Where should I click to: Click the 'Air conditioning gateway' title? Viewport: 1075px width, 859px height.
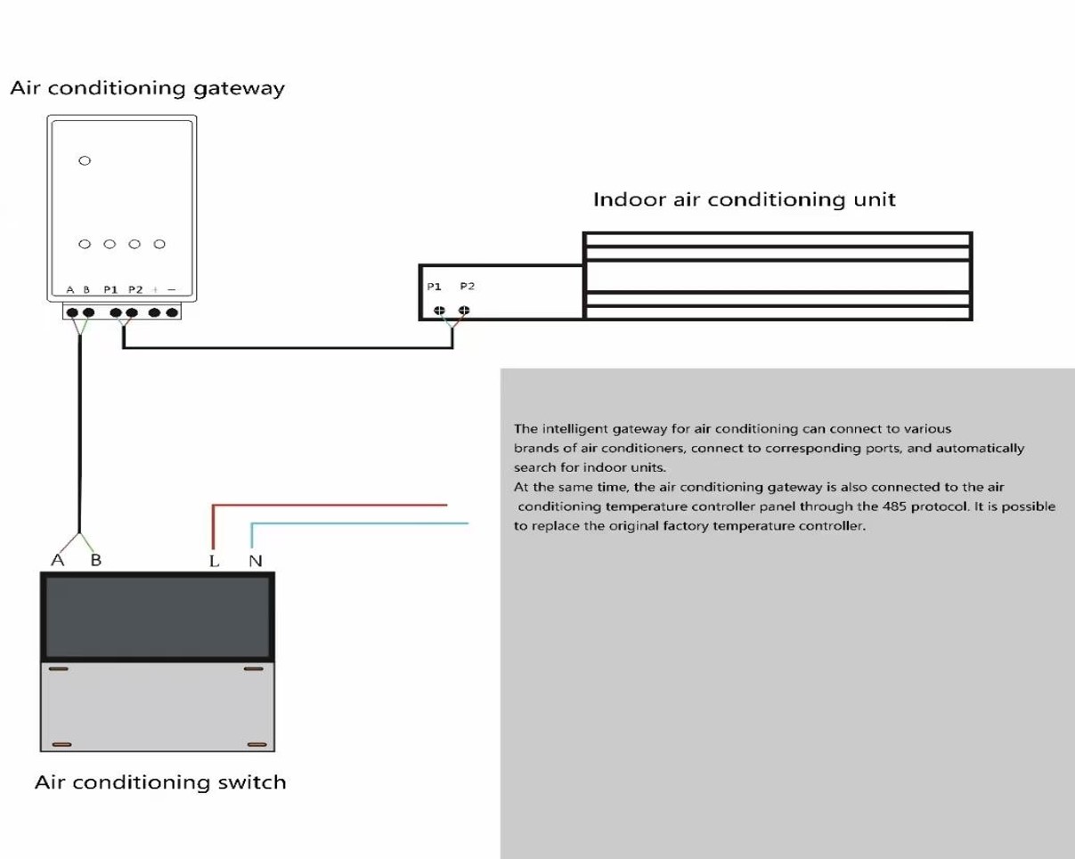tap(147, 88)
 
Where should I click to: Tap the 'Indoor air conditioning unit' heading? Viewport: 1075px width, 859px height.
tap(745, 199)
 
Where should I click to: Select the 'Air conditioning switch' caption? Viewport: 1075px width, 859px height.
tap(160, 782)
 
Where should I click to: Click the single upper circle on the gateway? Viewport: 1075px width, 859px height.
tap(85, 161)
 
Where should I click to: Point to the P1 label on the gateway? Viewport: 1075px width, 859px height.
tap(110, 289)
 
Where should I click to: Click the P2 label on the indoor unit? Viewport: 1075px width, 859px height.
tap(467, 286)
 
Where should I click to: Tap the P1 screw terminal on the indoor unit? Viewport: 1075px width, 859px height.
tap(439, 311)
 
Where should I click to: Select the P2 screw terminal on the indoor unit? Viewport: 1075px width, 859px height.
tap(464, 311)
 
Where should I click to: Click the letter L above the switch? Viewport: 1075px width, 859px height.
tap(215, 562)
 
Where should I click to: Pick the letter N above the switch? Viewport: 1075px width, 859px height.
tap(256, 562)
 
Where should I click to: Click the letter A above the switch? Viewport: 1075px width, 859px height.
tap(58, 560)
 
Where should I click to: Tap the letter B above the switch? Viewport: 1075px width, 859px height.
tap(96, 560)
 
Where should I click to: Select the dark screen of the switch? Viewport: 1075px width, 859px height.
tap(158, 617)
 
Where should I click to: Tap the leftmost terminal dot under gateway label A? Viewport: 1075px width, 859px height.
tap(72, 312)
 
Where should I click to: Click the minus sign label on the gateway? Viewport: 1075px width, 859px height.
tap(172, 289)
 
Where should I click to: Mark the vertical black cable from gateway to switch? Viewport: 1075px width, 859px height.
tap(79, 434)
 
